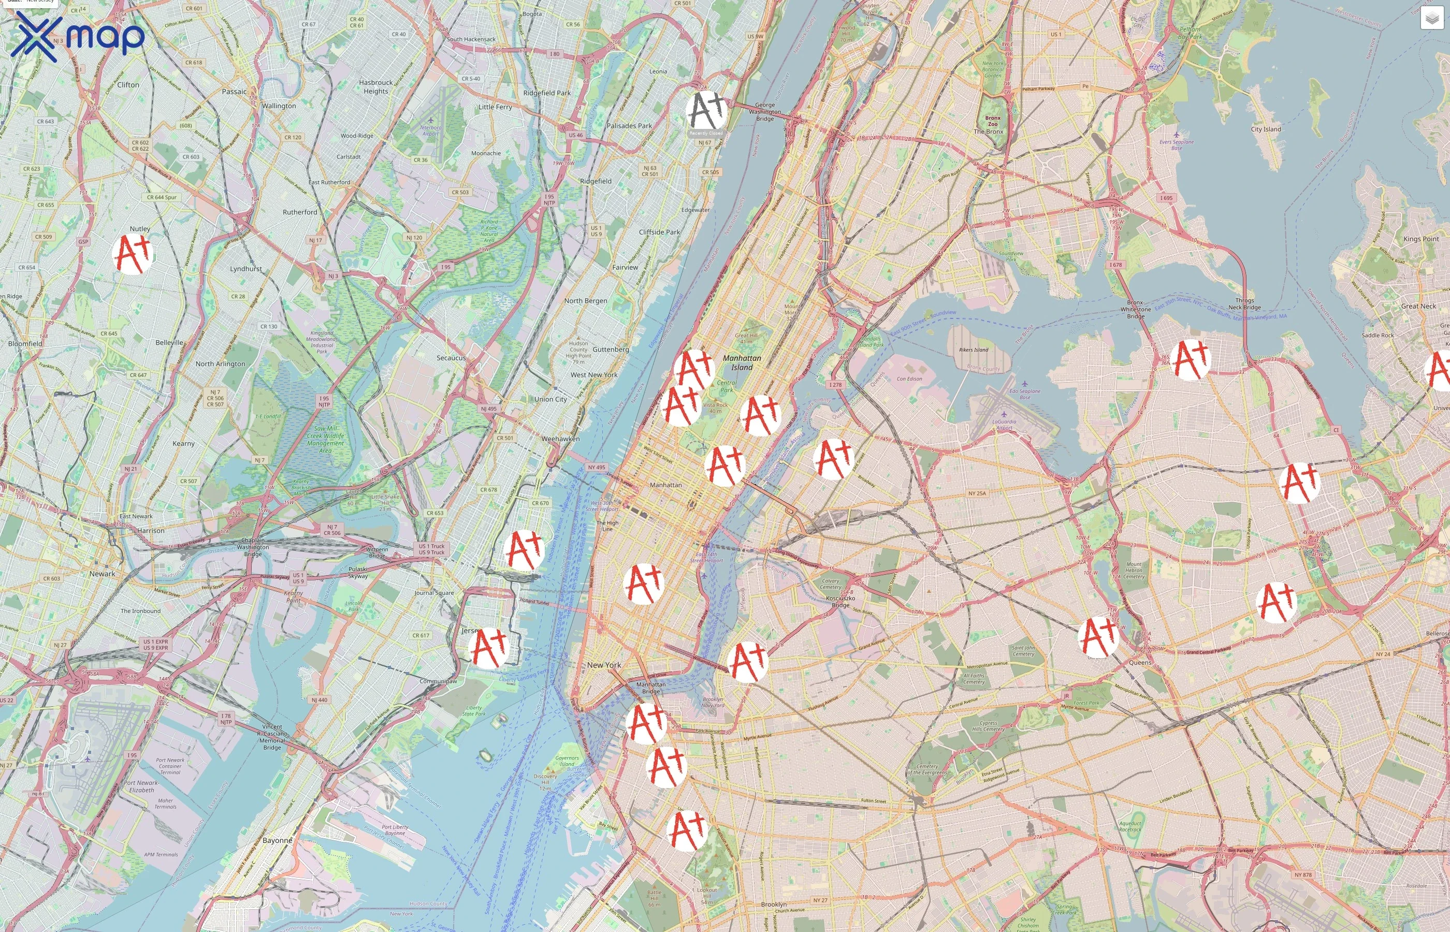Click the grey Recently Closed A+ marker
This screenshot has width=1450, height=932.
[706, 111]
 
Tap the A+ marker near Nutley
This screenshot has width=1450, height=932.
[133, 254]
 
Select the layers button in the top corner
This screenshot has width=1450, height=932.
[1432, 19]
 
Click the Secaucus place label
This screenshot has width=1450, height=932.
[451, 358]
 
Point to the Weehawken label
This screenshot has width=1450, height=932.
[560, 439]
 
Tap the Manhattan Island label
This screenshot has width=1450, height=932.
[742, 362]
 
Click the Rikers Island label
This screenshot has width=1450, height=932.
[973, 350]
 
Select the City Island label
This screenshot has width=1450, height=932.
[1266, 129]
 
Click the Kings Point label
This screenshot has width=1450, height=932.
[1420, 239]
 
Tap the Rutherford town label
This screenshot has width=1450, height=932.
[299, 212]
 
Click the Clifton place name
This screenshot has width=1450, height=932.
[128, 85]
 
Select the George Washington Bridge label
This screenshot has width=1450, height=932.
[764, 112]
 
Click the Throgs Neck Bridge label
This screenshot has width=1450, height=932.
[1244, 304]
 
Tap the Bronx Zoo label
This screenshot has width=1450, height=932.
[993, 121]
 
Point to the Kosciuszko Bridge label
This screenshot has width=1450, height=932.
[840, 602]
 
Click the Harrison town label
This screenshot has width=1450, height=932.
[151, 531]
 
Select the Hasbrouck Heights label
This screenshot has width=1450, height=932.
[376, 86]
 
